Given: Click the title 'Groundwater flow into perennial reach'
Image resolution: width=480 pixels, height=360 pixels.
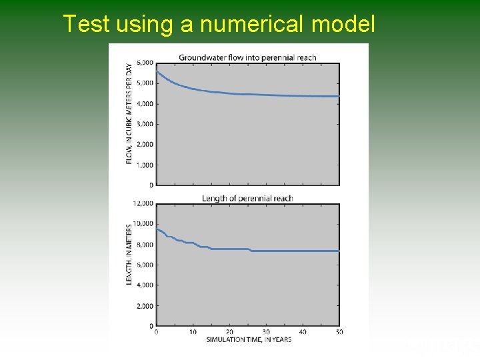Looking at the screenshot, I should click(247, 57).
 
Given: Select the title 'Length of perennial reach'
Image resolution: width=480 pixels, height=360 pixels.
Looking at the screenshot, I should click(247, 198).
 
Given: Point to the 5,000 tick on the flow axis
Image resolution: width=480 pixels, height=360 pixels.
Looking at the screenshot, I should click(145, 83).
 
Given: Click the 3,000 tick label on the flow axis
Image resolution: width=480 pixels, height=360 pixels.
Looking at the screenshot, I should click(145, 124).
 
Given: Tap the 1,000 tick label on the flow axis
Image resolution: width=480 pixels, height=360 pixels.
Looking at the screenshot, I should click(145, 165).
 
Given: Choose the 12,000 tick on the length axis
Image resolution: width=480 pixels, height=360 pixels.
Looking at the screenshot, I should click(143, 203).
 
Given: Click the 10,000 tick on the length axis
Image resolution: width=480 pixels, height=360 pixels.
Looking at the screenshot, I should click(143, 224).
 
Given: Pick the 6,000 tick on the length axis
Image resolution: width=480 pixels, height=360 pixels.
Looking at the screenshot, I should click(145, 265).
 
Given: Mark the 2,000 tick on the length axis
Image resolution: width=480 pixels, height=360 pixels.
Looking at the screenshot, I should click(145, 306).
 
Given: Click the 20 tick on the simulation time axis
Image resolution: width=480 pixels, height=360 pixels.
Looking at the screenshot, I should click(229, 332).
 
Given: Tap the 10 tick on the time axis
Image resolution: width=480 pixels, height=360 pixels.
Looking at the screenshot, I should click(193, 332).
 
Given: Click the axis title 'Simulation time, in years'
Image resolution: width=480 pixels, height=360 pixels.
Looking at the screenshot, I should click(248, 340).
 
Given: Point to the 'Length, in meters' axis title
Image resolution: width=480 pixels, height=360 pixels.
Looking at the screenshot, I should click(129, 254).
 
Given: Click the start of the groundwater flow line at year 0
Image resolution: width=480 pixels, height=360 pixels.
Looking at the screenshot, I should click(157, 72).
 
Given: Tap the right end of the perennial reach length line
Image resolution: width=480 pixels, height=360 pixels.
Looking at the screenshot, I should click(339, 251).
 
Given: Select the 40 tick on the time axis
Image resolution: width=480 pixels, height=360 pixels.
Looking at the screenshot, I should click(303, 332).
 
